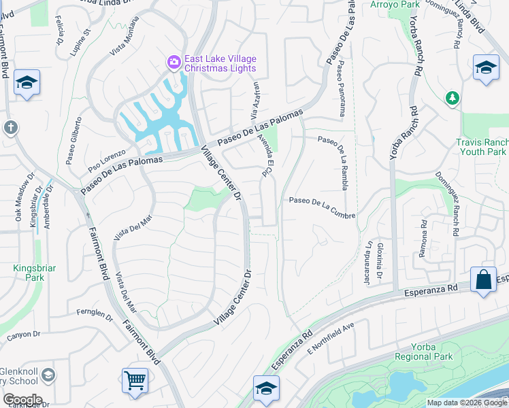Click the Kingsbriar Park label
(29, 273)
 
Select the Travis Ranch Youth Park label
(482, 148)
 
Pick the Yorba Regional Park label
(425, 352)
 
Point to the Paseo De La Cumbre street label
(322, 200)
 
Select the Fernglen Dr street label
(95, 314)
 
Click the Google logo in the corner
(22, 400)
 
